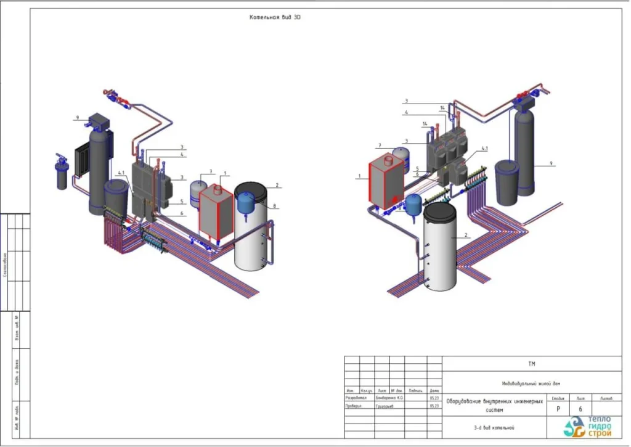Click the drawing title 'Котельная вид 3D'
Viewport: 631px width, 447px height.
[x=275, y=17]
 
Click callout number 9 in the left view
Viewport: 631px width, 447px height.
[x=78, y=118]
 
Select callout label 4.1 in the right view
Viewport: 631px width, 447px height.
[x=484, y=149]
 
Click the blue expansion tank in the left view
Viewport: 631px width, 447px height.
[x=246, y=200]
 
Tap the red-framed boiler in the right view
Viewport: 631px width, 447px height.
[x=385, y=182]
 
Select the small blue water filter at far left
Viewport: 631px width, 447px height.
[x=62, y=176]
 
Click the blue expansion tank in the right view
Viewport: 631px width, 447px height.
[x=413, y=204]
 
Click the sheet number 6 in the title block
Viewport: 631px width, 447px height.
[x=580, y=409]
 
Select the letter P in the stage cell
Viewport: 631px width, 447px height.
[x=558, y=409]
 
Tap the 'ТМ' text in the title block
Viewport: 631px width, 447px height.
[x=532, y=364]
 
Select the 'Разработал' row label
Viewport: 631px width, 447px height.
[x=357, y=398]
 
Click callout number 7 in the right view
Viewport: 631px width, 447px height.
[x=380, y=146]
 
